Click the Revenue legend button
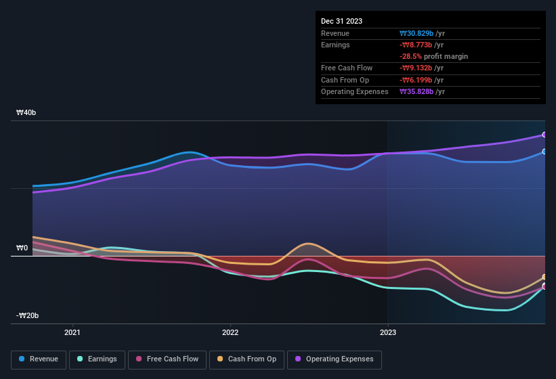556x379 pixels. click(x=39, y=359)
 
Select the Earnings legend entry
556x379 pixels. click(x=96, y=359)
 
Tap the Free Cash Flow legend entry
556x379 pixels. click(x=167, y=359)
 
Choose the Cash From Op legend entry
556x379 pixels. click(x=246, y=359)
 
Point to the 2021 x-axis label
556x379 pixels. click(x=72, y=332)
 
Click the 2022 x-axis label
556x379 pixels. click(x=230, y=332)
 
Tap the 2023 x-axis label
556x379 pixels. click(x=388, y=332)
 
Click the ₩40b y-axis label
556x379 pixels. click(x=26, y=112)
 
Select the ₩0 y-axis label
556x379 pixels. click(x=22, y=248)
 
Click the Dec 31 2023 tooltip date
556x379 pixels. click(x=341, y=21)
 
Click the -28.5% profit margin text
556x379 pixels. click(x=433, y=57)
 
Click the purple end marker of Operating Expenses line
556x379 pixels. click(x=544, y=135)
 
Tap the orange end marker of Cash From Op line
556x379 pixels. click(x=544, y=277)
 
